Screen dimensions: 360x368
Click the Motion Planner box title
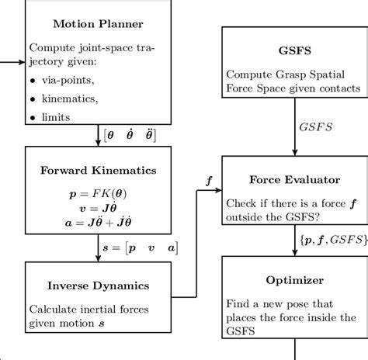click(x=97, y=23)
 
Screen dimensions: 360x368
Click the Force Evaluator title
click(x=294, y=180)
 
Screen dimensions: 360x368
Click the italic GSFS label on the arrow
click(x=316, y=126)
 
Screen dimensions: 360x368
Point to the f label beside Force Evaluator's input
click(x=207, y=178)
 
